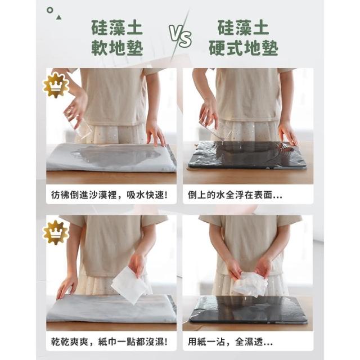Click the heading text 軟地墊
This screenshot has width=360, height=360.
click(x=117, y=48)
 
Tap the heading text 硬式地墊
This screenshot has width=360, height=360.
click(x=244, y=48)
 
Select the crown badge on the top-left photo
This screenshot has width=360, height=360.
click(x=56, y=85)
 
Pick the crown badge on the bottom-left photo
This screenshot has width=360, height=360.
click(x=56, y=233)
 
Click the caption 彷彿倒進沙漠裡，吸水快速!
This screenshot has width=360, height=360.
click(x=109, y=195)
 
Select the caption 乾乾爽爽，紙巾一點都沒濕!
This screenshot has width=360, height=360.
click(x=109, y=342)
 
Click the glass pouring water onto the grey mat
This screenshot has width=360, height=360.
click(x=78, y=122)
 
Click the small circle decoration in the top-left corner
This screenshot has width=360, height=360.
click(x=50, y=10)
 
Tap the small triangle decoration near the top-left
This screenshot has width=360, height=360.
click(x=58, y=17)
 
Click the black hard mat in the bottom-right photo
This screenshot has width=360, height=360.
click(x=249, y=309)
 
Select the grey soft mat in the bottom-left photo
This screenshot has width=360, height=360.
click(x=111, y=308)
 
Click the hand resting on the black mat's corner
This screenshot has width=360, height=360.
click(x=287, y=133)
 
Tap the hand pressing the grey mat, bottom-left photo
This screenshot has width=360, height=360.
click(x=66, y=286)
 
